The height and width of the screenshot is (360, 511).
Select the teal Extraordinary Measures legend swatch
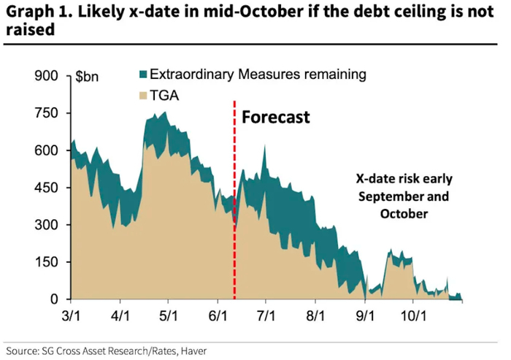(142, 75)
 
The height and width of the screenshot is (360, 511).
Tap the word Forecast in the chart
(275, 117)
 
